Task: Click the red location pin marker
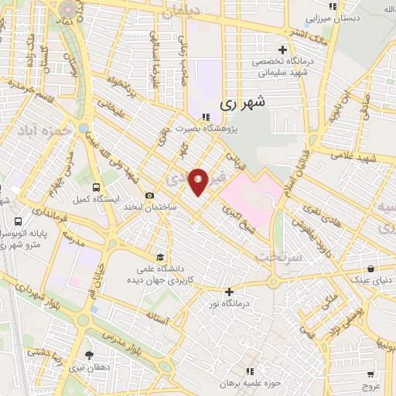click(x=199, y=181)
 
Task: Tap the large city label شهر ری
click(x=243, y=101)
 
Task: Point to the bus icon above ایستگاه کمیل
click(x=96, y=187)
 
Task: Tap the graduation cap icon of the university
click(x=160, y=258)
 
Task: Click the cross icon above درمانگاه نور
click(x=228, y=292)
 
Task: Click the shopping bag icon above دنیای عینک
click(x=372, y=269)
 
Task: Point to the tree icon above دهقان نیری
click(x=90, y=355)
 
